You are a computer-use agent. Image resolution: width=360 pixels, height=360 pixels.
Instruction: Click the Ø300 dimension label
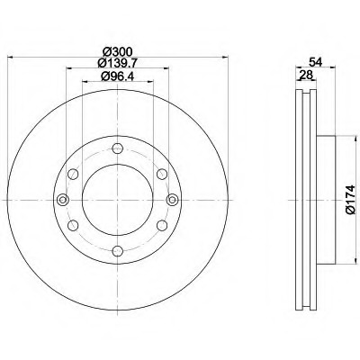pos(117,52)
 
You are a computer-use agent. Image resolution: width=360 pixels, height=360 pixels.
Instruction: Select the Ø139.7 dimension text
pos(117,63)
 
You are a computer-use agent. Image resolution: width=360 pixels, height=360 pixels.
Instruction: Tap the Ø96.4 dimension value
pos(117,76)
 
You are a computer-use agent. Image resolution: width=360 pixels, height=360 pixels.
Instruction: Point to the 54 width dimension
pos(316,62)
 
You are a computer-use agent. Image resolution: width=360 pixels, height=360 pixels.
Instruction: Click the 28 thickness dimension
pos(306,75)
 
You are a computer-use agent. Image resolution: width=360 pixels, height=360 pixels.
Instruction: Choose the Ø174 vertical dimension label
pos(350,200)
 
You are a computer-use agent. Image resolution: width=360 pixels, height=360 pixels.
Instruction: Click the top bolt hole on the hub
pos(118,148)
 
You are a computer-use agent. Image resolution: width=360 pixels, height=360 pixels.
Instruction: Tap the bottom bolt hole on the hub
pos(118,251)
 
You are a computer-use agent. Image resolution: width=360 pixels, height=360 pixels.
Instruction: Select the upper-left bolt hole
pos(73,174)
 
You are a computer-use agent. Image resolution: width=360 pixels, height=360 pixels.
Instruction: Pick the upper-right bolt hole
pos(162,174)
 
